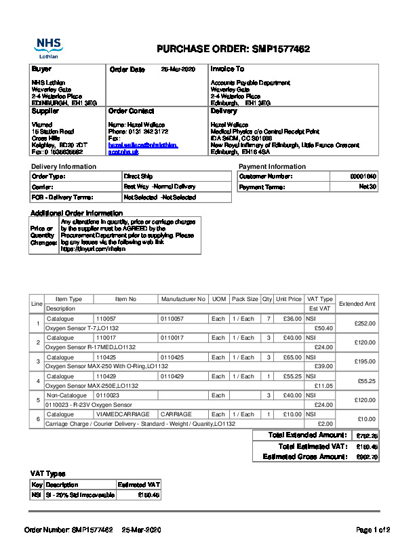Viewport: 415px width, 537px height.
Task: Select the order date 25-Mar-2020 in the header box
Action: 178,69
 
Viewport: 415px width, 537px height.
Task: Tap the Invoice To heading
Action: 227,69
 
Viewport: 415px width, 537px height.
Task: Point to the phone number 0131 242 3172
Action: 148,132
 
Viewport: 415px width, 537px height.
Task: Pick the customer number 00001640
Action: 363,176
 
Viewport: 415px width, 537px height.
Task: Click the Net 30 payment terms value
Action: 368,187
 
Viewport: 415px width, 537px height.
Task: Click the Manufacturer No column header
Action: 183,299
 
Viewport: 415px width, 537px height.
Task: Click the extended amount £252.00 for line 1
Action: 365,323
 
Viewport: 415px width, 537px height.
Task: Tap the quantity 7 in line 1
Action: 269,318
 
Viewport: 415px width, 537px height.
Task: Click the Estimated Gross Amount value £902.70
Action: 367,457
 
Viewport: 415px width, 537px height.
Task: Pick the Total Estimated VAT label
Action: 313,446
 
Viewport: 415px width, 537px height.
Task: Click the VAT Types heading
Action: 48,473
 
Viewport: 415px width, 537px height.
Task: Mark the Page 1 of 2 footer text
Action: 373,529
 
